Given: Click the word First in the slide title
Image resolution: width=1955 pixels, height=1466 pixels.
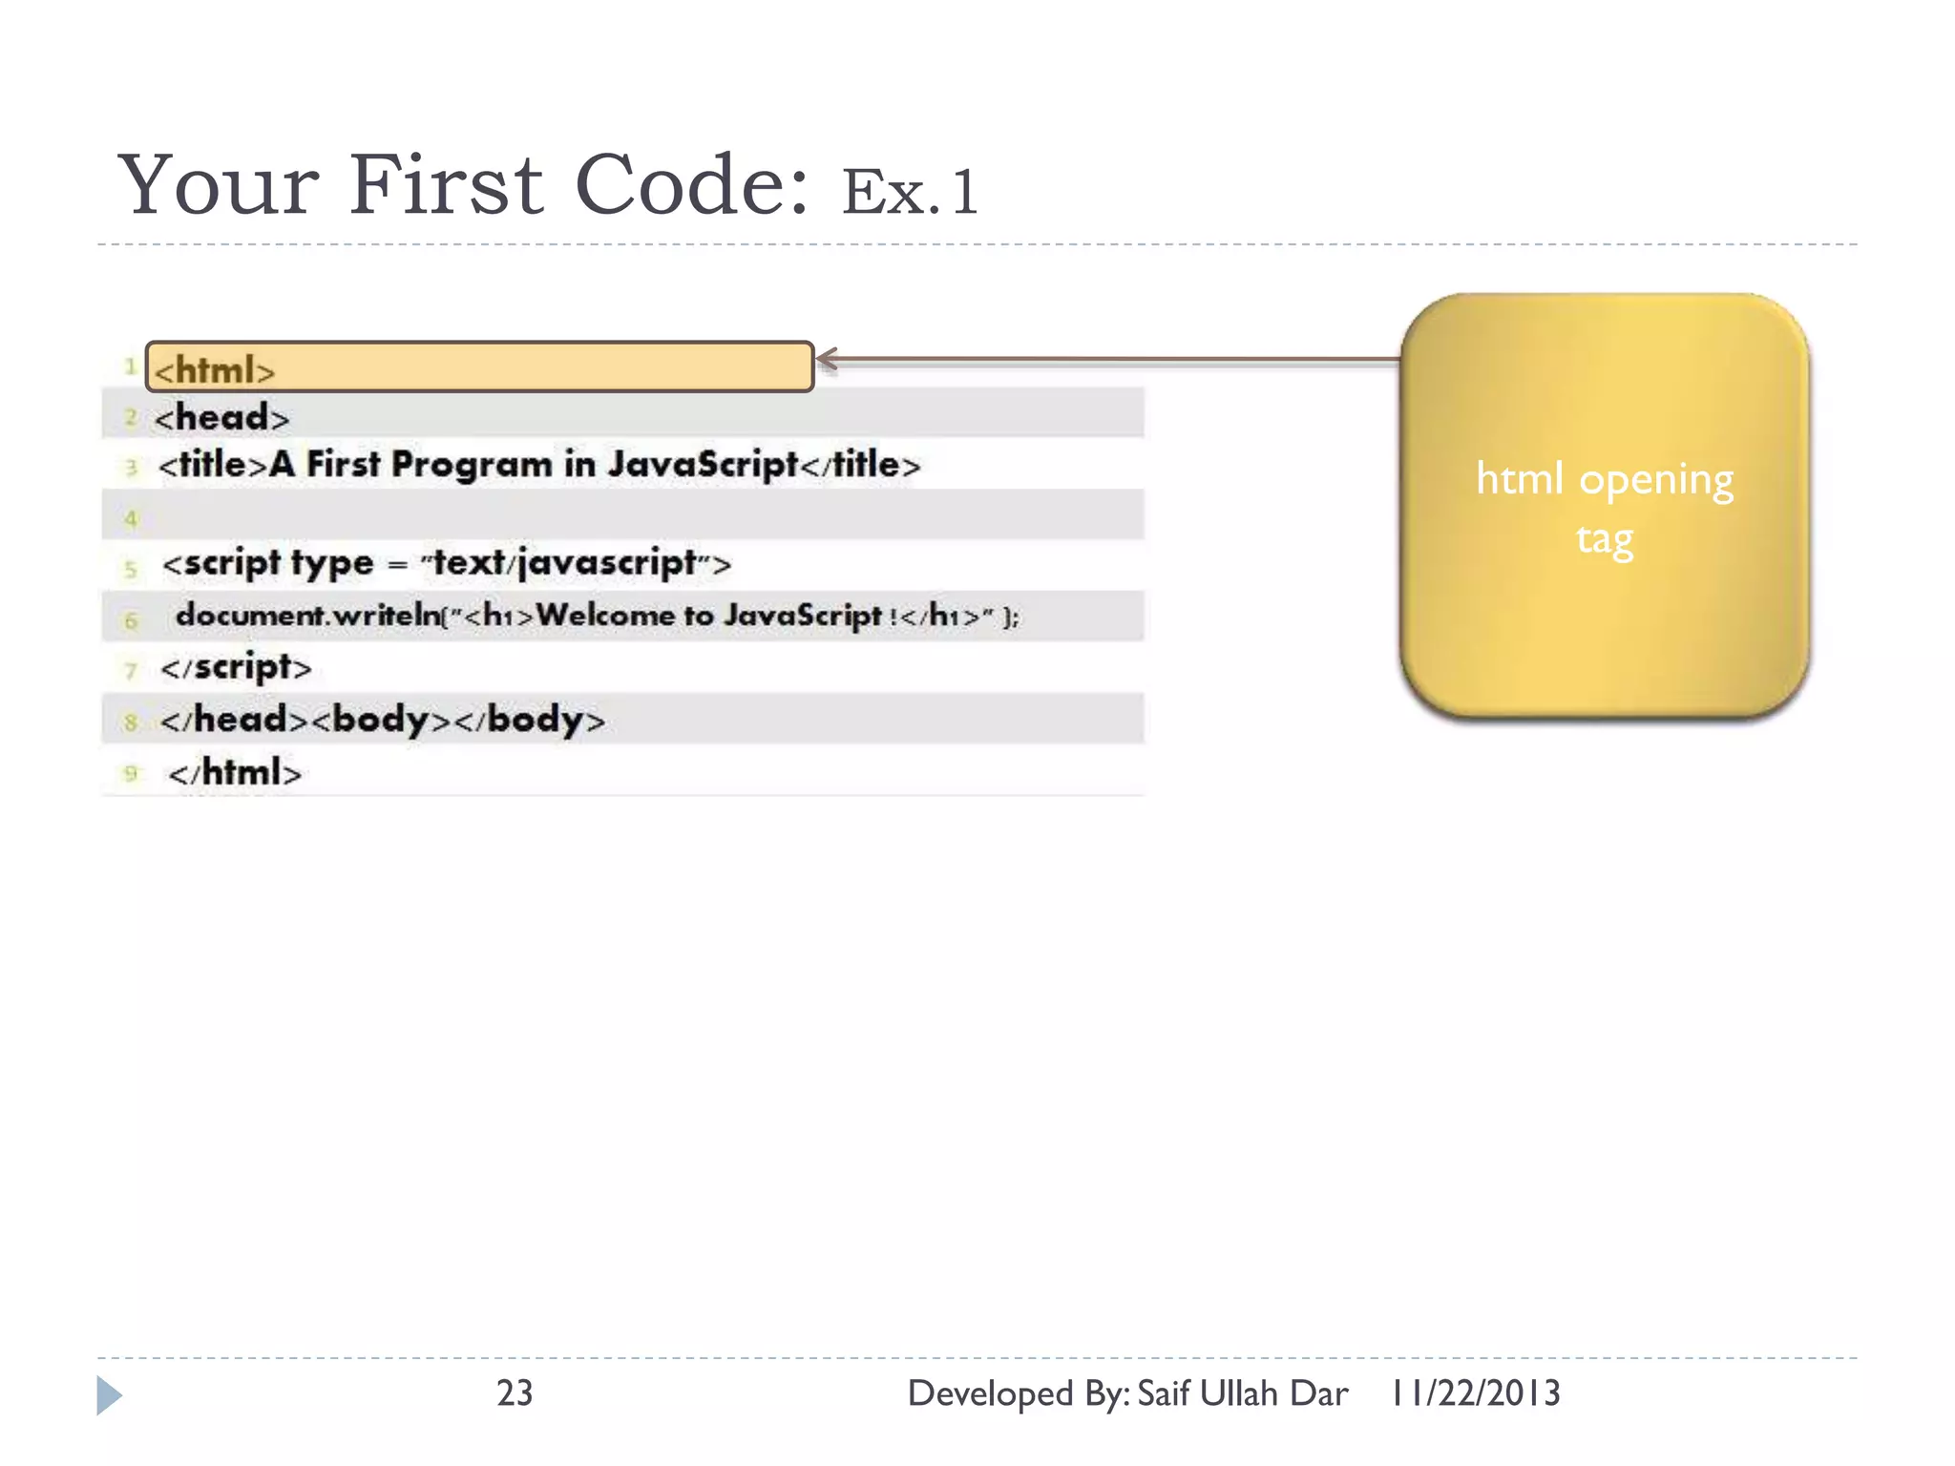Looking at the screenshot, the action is pyautogui.click(x=445, y=185).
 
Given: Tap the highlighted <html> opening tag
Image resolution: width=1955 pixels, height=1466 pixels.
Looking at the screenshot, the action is pyautogui.click(x=215, y=370).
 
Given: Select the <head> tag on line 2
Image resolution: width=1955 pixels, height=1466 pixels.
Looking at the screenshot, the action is pyautogui.click(x=221, y=418).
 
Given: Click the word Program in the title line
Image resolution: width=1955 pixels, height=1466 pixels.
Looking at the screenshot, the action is pyautogui.click(x=472, y=465).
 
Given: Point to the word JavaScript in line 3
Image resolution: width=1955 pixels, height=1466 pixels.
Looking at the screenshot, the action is pyautogui.click(x=703, y=465).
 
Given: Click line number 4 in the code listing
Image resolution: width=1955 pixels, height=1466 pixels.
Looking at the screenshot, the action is pyautogui.click(x=131, y=519).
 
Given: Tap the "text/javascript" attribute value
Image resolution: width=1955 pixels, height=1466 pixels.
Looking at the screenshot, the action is pyautogui.click(x=563, y=563).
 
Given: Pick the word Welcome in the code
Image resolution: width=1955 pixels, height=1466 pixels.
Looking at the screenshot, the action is pyautogui.click(x=605, y=616).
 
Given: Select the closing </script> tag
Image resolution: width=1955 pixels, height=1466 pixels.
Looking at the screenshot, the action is pyautogui.click(x=236, y=667).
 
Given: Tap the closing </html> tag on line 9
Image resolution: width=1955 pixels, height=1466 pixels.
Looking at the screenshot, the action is pyautogui.click(x=235, y=772).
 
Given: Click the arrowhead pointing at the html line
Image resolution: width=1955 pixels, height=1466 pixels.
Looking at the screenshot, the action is pyautogui.click(x=827, y=360).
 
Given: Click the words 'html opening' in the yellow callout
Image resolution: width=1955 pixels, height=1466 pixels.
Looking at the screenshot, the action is pyautogui.click(x=1604, y=479).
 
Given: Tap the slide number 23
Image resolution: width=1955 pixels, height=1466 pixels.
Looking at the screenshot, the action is pyautogui.click(x=515, y=1393).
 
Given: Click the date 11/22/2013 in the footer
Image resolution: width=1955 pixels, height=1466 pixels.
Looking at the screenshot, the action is pyautogui.click(x=1476, y=1393).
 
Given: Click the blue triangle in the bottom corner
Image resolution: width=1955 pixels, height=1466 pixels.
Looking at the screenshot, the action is pyautogui.click(x=109, y=1395).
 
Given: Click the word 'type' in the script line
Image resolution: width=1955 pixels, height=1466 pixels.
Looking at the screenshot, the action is pyautogui.click(x=332, y=563).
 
